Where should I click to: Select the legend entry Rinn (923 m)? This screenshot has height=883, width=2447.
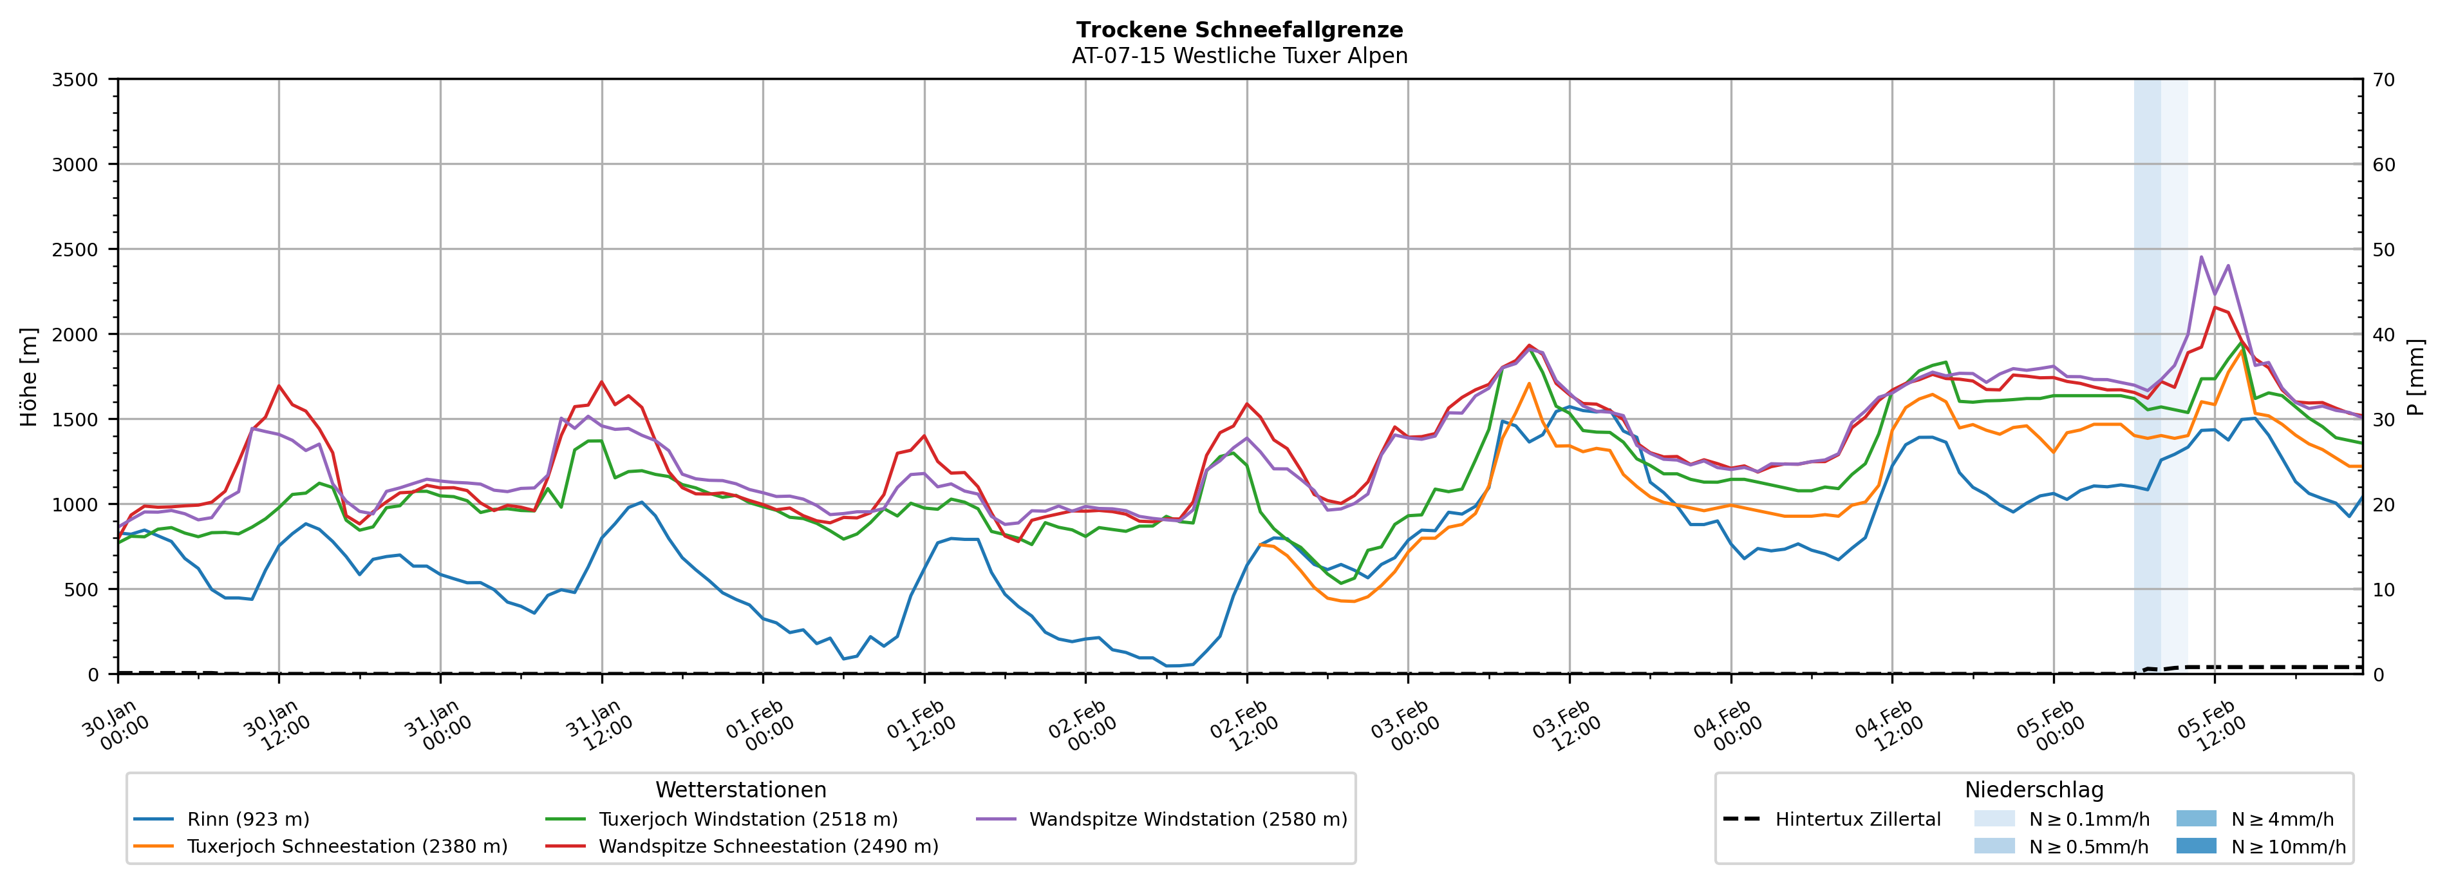coord(248,819)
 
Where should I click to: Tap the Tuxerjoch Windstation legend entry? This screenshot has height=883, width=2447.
coord(747,819)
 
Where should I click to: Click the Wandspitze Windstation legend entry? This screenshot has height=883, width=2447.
coord(1187,819)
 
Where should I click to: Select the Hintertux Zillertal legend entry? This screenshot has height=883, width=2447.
coord(1857,819)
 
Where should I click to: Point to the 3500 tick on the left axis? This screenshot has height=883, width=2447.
coord(75,80)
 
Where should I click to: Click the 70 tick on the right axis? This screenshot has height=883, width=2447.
coord(2383,80)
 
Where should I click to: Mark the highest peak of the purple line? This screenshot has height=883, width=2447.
coord(2201,256)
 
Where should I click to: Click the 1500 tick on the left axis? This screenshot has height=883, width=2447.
coord(75,419)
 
